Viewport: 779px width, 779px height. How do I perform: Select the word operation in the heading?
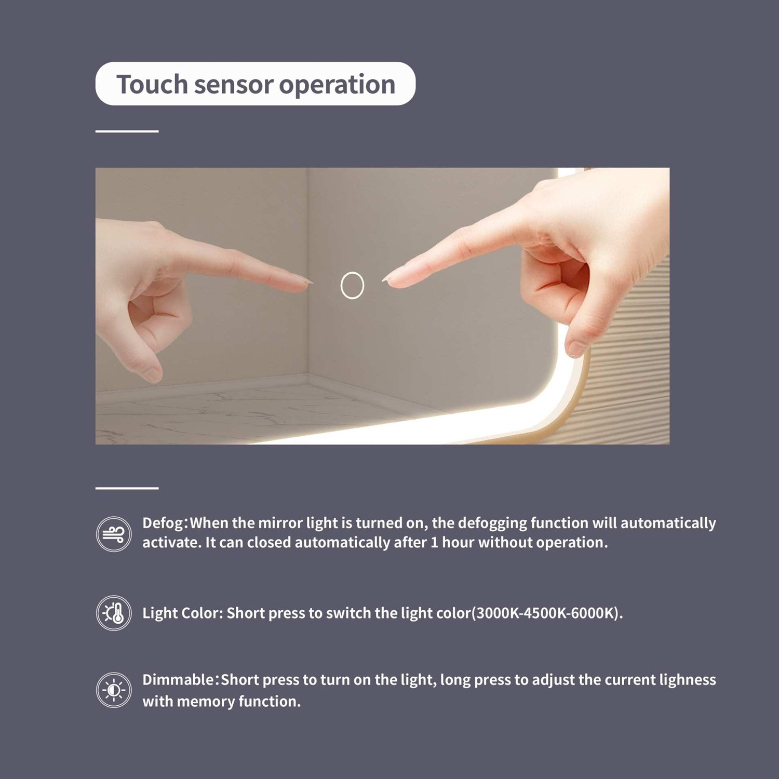click(x=337, y=85)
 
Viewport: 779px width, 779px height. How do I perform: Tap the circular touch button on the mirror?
click(x=352, y=285)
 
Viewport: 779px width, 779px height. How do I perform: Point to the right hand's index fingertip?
click(x=387, y=279)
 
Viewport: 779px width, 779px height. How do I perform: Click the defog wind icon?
click(x=114, y=534)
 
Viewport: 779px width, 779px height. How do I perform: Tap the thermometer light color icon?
click(x=114, y=613)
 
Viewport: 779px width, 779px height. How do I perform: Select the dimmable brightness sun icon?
click(x=114, y=690)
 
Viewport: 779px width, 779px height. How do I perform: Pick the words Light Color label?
click(x=183, y=613)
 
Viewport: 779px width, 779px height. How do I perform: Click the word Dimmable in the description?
click(x=178, y=680)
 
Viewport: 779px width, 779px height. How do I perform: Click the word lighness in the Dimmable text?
click(x=688, y=680)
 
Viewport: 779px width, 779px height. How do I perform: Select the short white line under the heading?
click(x=127, y=131)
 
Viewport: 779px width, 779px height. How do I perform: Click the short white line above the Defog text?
click(x=127, y=488)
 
